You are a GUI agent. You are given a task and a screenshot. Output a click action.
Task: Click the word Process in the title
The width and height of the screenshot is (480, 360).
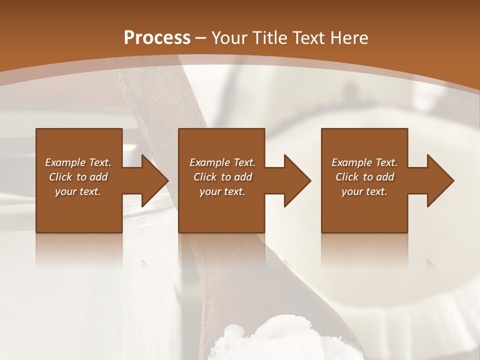tap(157, 38)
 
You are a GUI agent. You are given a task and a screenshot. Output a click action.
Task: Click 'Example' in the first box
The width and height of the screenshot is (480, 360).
tap(65, 162)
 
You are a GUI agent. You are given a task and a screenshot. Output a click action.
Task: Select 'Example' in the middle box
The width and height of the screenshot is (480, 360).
tap(210, 162)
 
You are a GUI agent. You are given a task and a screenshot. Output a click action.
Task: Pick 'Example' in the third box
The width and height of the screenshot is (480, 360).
tap(352, 162)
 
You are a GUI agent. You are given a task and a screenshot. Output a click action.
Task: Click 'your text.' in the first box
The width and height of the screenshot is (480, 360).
tap(78, 191)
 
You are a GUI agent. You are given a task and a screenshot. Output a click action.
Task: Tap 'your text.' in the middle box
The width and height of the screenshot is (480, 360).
tap(222, 191)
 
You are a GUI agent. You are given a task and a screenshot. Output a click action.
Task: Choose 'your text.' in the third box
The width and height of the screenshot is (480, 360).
tap(364, 191)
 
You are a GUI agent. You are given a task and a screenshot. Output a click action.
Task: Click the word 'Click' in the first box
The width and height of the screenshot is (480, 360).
tap(60, 177)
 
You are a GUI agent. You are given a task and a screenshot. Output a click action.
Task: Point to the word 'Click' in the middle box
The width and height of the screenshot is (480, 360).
tap(204, 177)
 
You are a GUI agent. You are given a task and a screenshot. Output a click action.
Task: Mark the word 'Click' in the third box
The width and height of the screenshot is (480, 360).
tap(347, 177)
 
